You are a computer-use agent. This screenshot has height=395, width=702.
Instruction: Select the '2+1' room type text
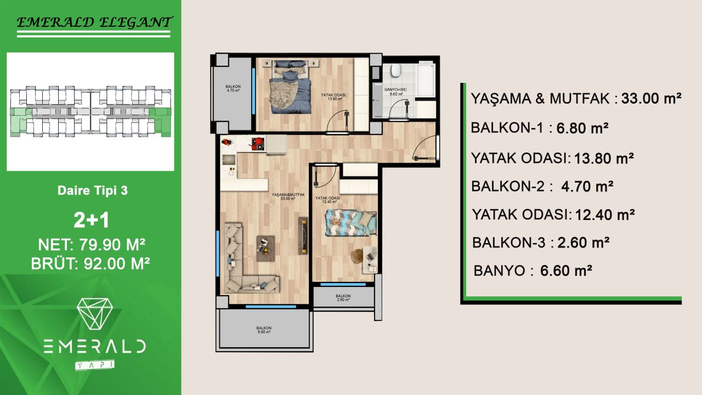tap(92, 220)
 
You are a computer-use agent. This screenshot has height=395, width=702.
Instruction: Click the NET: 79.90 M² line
tap(92, 244)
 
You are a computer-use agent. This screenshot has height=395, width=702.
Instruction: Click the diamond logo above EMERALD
tap(94, 314)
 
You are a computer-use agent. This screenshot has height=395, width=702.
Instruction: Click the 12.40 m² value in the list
tap(604, 214)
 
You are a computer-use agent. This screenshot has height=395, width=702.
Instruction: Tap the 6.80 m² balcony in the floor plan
tap(264, 329)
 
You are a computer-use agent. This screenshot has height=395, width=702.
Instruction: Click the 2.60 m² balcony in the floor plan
tap(343, 298)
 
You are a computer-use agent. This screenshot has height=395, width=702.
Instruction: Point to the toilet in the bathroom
tap(395, 72)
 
